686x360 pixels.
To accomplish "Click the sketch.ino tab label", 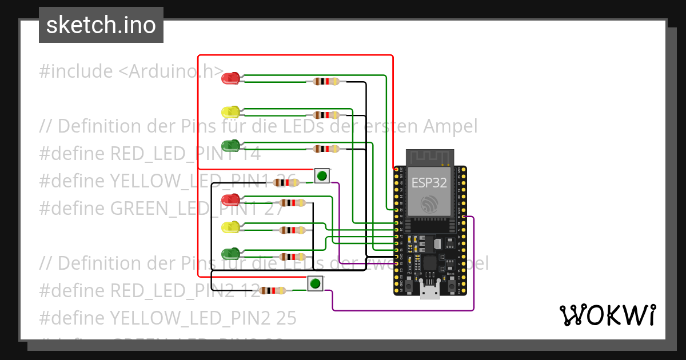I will pyautogui.click(x=101, y=25).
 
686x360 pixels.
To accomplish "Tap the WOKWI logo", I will pyautogui.click(x=607, y=315).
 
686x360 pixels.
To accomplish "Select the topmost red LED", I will pyautogui.click(x=231, y=78).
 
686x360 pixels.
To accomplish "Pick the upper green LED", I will pyautogui.click(x=231, y=145).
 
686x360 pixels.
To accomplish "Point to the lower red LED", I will pyautogui.click(x=231, y=199).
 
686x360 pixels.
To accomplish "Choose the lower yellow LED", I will pyautogui.click(x=231, y=227).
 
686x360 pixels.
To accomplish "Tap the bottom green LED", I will pyautogui.click(x=231, y=253).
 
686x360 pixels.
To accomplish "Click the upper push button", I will pyautogui.click(x=322, y=175).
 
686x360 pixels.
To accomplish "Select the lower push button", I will pyautogui.click(x=314, y=283).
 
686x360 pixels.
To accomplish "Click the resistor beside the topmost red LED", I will pyautogui.click(x=326, y=82).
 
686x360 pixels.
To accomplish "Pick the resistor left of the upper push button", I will pyautogui.click(x=285, y=183).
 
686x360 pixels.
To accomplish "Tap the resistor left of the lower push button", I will pyautogui.click(x=272, y=290).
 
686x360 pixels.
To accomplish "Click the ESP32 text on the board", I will pyautogui.click(x=429, y=183).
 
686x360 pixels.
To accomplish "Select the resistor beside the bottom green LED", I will pyautogui.click(x=292, y=257).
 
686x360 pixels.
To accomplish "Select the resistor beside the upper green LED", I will pyautogui.click(x=326, y=149).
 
